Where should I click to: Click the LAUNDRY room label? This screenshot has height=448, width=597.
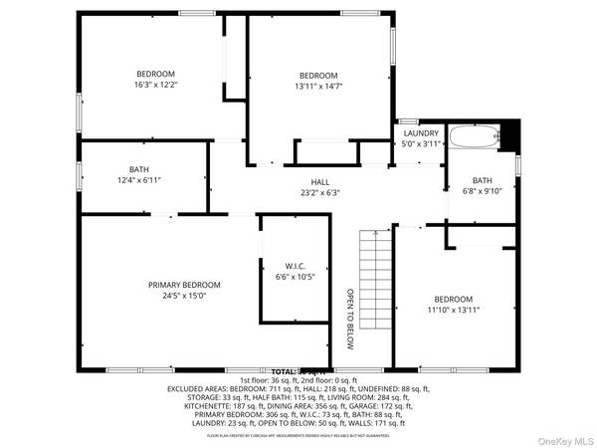click(421, 132)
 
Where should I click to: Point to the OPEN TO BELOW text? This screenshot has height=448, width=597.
click(350, 319)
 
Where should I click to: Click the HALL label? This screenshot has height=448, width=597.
click(319, 182)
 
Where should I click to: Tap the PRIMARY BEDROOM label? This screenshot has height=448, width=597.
click(184, 285)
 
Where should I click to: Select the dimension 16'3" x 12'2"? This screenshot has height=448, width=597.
click(155, 85)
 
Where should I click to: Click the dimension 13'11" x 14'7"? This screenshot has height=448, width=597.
click(318, 87)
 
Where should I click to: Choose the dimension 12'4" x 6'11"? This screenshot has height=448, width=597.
click(138, 180)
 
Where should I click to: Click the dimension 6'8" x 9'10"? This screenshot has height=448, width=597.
click(482, 191)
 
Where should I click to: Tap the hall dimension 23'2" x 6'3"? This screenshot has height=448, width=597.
click(319, 193)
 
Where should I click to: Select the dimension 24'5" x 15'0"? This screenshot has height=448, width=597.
click(184, 296)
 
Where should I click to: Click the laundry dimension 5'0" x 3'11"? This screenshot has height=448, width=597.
click(421, 143)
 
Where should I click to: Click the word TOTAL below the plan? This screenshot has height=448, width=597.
click(284, 371)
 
